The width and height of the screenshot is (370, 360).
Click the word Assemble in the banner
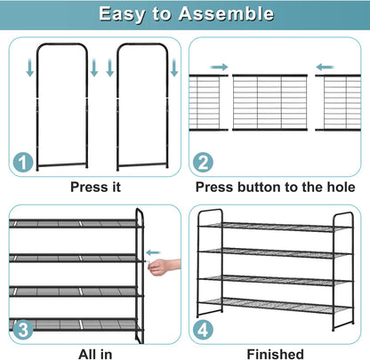[x=226, y=13]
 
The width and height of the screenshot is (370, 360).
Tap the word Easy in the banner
[x=122, y=14]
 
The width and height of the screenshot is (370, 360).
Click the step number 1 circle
[x=22, y=162]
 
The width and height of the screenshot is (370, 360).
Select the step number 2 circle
[x=203, y=163]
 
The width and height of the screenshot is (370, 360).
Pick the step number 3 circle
[x=23, y=330]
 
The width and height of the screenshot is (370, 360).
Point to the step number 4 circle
[x=203, y=330]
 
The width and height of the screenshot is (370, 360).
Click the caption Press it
[x=95, y=188]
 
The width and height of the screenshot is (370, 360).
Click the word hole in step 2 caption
[x=341, y=188]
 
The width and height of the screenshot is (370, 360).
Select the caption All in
[x=95, y=355]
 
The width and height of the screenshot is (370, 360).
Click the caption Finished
[x=275, y=355]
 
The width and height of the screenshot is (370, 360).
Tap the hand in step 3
[x=164, y=267]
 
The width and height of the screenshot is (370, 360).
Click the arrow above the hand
[x=153, y=252]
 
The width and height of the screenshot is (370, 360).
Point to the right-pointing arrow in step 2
[x=219, y=68]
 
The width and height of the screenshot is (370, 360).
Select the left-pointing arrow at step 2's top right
[x=325, y=68]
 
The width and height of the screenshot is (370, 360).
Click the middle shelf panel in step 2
[x=269, y=102]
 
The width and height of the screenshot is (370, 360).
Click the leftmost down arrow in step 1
[x=30, y=68]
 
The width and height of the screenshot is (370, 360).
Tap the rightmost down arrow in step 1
[x=174, y=68]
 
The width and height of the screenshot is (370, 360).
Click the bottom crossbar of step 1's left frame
[x=62, y=164]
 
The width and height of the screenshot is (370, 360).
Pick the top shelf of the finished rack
[x=276, y=227]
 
